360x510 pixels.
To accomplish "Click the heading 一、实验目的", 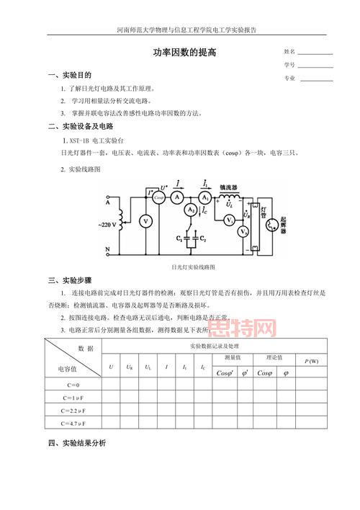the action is coord(70,75).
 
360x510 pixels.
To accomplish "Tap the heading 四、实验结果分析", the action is coord(78,442).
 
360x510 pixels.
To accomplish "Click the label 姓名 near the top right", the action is coord(289,52).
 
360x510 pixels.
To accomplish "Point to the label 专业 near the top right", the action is coord(289,78).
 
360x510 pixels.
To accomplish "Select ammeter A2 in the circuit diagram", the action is coord(190,209).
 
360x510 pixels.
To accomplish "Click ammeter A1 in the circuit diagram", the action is coord(205,197).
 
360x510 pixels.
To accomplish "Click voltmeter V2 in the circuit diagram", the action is coord(243,232).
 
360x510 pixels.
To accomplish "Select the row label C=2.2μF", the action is coord(74,409).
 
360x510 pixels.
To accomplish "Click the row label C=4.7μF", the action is coord(74,423).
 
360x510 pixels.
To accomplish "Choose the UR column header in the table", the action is coord(129,367).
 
